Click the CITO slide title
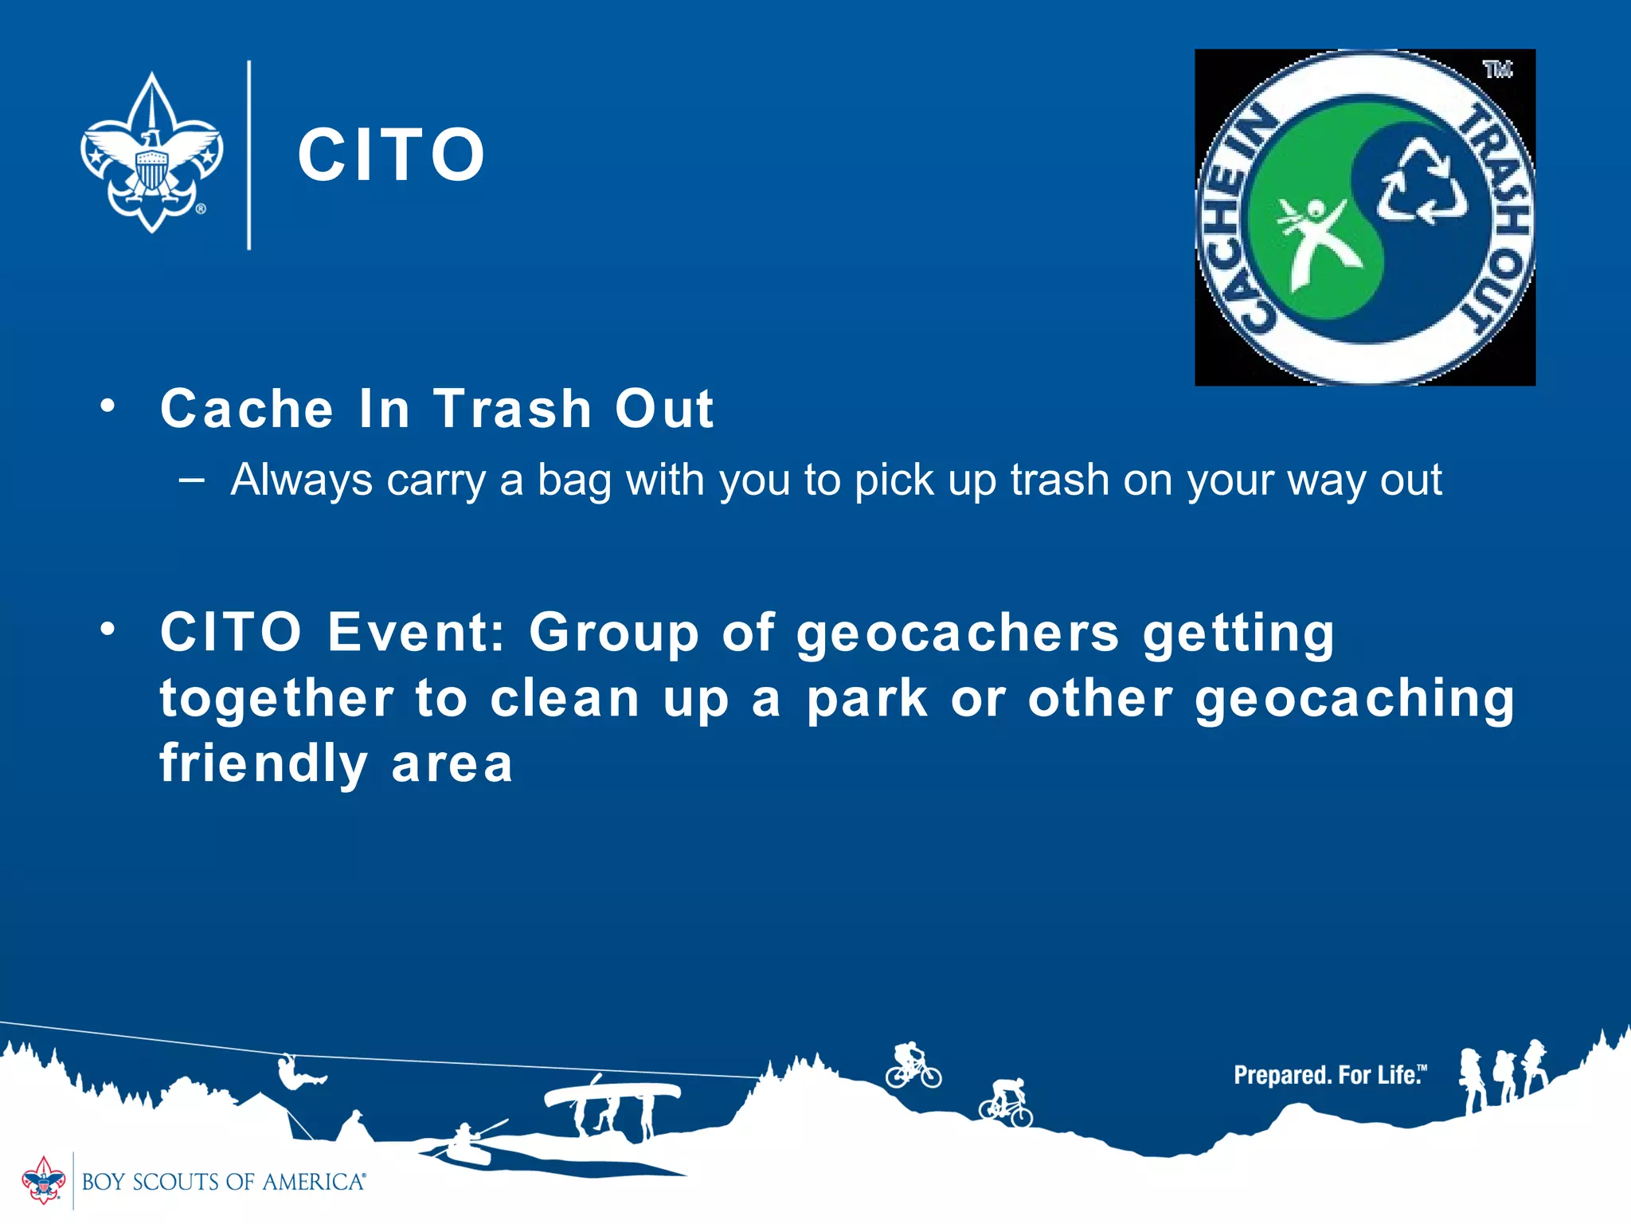(x=391, y=155)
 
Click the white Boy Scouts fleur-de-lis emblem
(x=151, y=153)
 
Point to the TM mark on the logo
(x=1497, y=70)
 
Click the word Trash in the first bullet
(x=512, y=409)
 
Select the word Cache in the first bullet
(x=246, y=409)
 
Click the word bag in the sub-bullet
(x=574, y=481)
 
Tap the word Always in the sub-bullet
(x=302, y=481)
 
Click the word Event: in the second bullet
(x=417, y=632)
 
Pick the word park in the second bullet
(x=867, y=699)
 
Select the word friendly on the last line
(x=264, y=763)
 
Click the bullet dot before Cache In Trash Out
(x=108, y=406)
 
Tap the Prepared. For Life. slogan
(x=1329, y=1075)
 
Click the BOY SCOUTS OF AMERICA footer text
(x=223, y=1182)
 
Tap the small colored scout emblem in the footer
(x=43, y=1180)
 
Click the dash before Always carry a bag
(x=192, y=480)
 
